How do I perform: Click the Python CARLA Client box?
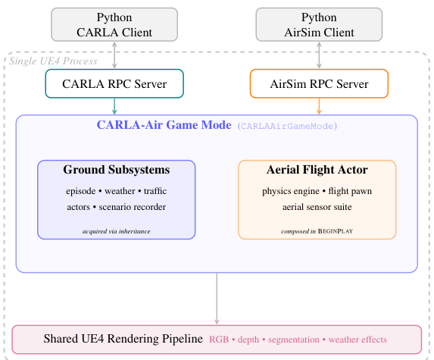coord(114,24)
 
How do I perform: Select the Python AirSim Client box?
coord(319,24)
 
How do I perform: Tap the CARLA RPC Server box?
coord(114,83)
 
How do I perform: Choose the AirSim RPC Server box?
coord(319,83)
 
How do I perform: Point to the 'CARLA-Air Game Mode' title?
coord(164,125)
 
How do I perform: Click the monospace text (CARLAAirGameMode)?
coord(287,126)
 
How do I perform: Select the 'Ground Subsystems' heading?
coord(116,170)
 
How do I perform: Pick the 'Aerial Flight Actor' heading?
coord(317,170)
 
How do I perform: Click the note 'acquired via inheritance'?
coord(116,230)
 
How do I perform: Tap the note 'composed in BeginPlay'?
coord(317,230)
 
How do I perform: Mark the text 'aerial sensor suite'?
coord(317,206)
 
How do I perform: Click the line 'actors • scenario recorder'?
coord(116,206)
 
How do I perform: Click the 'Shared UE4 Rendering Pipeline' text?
coord(123,340)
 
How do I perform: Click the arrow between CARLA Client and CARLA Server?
coord(114,55)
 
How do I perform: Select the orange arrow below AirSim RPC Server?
coord(319,106)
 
